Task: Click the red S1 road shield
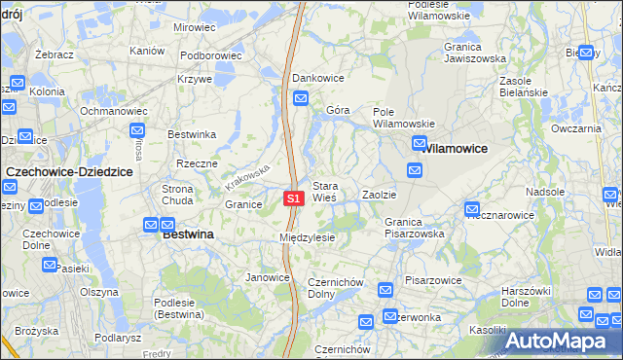(295, 198)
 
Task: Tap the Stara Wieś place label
(324, 191)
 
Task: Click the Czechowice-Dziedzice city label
(68, 171)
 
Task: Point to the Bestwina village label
(188, 234)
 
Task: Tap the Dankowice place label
(318, 77)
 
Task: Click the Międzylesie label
(307, 237)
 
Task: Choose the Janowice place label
(268, 277)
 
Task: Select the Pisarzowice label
(433, 280)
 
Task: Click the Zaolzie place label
(380, 195)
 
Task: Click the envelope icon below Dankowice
(301, 98)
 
